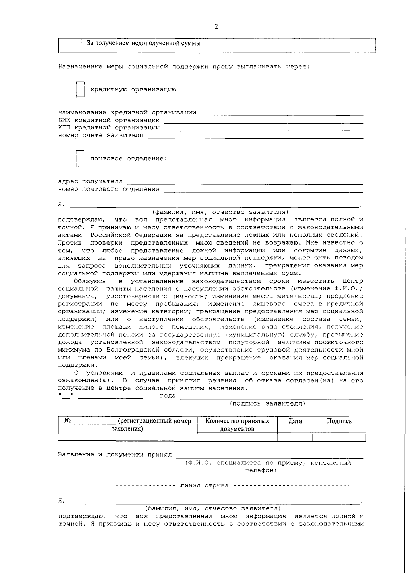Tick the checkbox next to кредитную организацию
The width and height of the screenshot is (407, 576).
[80, 90]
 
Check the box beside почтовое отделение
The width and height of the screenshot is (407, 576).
[80, 159]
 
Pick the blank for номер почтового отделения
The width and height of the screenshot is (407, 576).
[263, 190]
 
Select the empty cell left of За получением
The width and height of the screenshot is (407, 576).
[70, 45]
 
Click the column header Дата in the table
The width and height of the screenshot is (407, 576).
[295, 421]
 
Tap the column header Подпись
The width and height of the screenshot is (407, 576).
[339, 421]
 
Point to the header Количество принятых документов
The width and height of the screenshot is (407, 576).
[237, 425]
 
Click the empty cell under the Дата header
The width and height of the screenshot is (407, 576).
[295, 437]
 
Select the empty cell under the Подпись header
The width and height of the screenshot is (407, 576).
[339, 437]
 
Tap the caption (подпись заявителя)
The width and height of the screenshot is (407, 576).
[268, 403]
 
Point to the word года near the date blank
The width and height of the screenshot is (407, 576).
[168, 396]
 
